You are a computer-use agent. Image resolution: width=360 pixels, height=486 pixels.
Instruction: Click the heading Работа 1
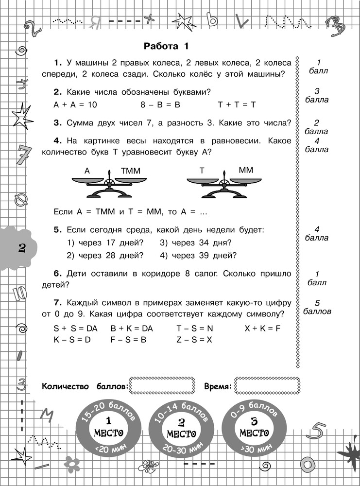(x=166, y=47)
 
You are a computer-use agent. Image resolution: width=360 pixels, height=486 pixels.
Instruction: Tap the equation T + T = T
(x=237, y=104)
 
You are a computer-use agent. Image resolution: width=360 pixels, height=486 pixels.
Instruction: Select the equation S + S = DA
(x=76, y=329)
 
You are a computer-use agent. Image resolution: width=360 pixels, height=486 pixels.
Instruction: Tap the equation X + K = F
(x=262, y=329)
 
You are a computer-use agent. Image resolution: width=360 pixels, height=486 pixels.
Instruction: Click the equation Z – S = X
(x=194, y=340)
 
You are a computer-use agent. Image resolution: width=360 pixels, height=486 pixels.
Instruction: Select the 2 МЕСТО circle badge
(x=181, y=427)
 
